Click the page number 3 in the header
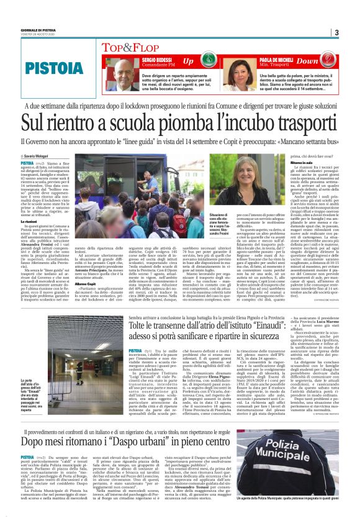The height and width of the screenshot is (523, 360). point(335,33)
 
